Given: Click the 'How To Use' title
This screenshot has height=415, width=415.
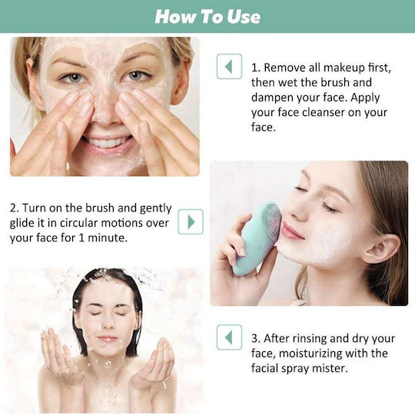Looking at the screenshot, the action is click(207, 16).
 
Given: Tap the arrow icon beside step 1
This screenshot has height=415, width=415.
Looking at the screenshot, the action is click(229, 66).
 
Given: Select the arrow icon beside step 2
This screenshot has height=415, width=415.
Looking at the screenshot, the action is click(191, 221).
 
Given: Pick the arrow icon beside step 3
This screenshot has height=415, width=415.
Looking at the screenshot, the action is click(229, 337).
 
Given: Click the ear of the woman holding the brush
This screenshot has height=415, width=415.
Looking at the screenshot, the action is click(380, 249).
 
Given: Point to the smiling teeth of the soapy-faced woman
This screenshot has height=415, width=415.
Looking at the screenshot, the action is click(106, 141).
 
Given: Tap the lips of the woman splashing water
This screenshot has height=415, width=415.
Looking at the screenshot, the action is click(107, 338).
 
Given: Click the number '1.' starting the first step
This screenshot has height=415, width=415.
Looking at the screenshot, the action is click(256, 68).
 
